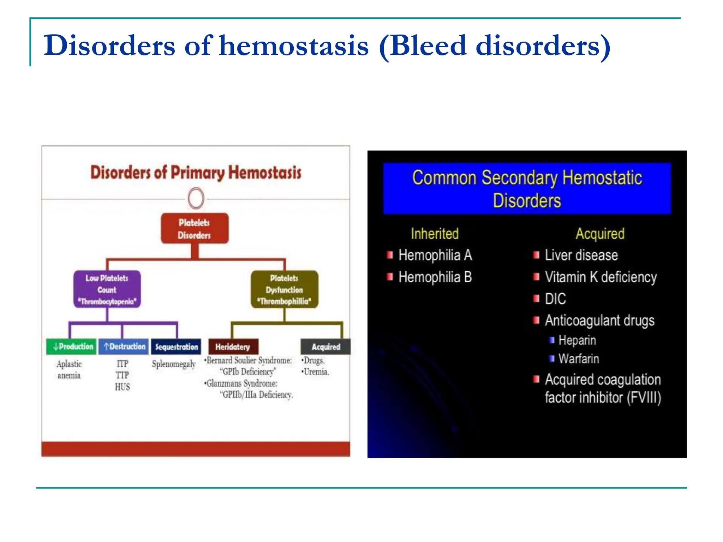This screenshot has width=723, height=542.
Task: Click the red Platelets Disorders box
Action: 195,228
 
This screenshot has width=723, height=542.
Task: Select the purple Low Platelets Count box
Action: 107,289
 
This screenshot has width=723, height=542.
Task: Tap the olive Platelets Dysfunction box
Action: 284,289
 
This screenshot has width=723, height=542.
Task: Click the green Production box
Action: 71,347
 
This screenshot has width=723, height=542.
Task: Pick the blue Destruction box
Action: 124,347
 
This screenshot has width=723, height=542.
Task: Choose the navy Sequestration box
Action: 176,347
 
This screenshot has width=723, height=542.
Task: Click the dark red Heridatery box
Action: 233,347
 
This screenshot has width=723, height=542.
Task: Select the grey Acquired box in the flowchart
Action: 325,347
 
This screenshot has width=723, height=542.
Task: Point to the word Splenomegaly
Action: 174,364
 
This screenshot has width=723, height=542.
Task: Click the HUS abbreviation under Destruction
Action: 122,387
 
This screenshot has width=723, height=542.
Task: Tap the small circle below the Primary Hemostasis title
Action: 196,198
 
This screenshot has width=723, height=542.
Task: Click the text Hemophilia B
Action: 435,277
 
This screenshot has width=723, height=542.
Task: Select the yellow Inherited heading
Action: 435,234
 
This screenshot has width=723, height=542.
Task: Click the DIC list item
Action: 555,299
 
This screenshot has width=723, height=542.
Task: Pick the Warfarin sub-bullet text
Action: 579,359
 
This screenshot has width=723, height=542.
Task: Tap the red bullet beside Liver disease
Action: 536,255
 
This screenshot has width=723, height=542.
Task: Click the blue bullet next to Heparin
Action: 552,340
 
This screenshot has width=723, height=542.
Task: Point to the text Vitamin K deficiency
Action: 600,277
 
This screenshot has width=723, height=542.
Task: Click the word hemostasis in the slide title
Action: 294,46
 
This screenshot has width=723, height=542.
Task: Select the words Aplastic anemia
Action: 69,369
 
